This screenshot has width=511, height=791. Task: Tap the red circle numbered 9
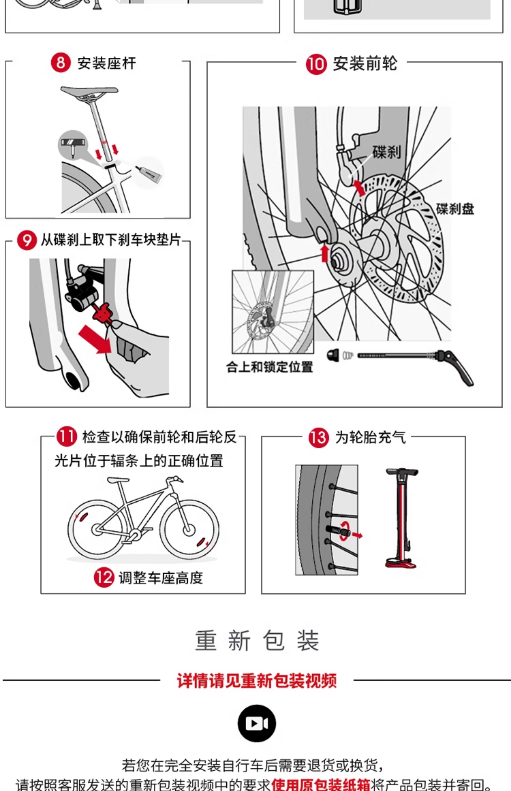pos(27,240)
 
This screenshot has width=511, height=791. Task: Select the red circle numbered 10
pos(316,64)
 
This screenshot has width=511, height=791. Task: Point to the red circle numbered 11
pos(66,437)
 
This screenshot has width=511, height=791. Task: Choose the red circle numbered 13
pos(319,438)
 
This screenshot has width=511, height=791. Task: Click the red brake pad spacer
pos(103,312)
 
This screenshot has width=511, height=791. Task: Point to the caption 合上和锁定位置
pos(270,367)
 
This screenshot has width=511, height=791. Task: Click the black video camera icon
pos(257,723)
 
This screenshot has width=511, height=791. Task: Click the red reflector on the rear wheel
pos(82,517)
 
